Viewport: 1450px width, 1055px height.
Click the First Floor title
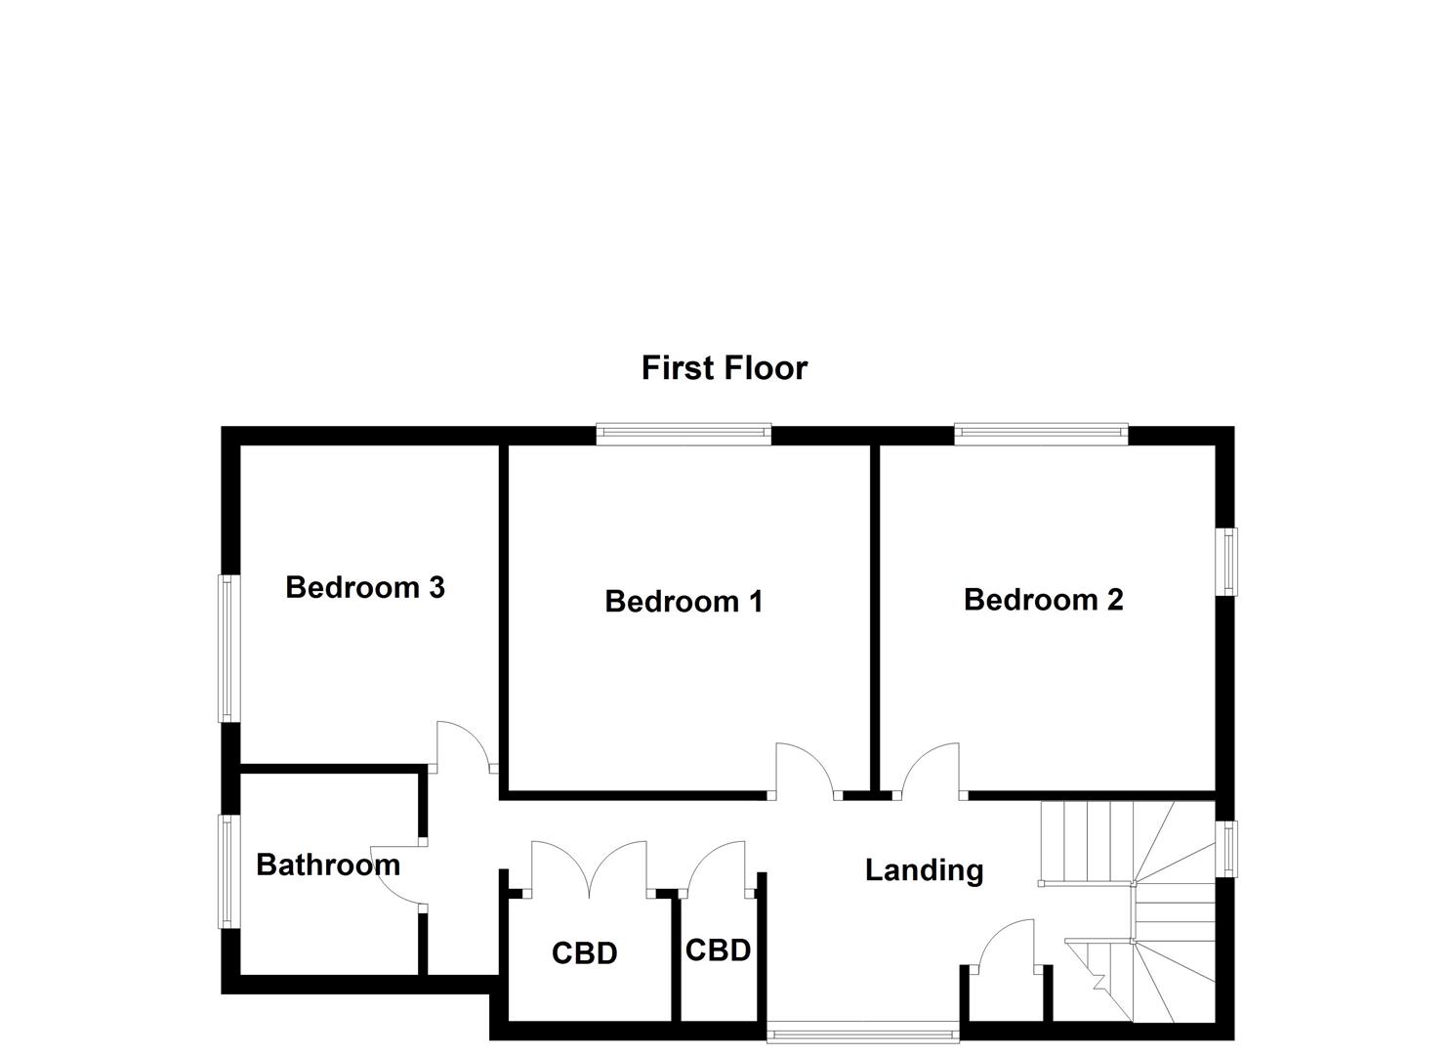(x=724, y=368)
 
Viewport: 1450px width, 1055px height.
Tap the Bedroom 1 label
(x=684, y=601)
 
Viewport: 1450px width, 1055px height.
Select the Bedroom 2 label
(x=1043, y=599)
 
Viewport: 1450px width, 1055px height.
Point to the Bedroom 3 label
(x=365, y=587)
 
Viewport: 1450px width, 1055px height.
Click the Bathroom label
(x=328, y=865)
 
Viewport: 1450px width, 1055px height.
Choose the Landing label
(x=924, y=869)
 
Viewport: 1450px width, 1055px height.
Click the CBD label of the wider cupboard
(x=584, y=952)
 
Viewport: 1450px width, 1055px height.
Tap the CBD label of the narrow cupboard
(x=718, y=949)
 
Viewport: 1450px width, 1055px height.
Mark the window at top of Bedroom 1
(x=684, y=435)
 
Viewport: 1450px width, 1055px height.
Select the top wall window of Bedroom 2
(x=1041, y=435)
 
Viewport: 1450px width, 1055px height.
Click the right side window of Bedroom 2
(x=1226, y=561)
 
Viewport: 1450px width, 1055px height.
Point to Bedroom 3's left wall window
(x=228, y=648)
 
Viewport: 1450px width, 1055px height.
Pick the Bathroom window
(x=228, y=872)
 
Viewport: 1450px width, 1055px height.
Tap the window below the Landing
(x=863, y=1030)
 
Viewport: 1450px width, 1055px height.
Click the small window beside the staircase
(x=1226, y=849)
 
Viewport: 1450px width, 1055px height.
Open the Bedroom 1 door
(x=805, y=772)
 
